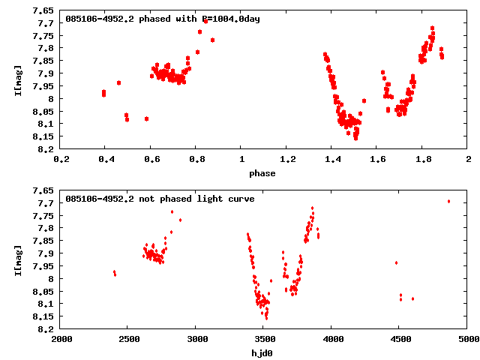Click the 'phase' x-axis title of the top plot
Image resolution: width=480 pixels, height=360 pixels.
point(263,174)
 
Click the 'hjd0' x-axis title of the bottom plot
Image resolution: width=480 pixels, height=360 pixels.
point(263,352)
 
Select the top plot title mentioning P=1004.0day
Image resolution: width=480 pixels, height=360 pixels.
point(163,19)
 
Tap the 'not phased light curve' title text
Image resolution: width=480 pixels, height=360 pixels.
point(160,199)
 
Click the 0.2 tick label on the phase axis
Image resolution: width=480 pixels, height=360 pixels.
point(61,160)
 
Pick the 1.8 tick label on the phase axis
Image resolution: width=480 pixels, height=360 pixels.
point(422,160)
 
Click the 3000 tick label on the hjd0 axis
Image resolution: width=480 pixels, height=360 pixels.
point(196,339)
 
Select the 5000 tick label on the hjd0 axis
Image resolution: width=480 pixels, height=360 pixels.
point(467,339)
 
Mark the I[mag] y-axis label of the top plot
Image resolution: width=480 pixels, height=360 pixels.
point(17,79)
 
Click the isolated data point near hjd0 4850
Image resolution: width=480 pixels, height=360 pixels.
point(448,201)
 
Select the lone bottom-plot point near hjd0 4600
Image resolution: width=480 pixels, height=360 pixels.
point(412,298)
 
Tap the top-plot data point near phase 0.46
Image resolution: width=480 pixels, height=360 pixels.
point(118,82)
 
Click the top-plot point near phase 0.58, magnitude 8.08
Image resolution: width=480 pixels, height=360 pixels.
point(146,118)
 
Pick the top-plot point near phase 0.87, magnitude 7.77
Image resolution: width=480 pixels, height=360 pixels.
point(212,40)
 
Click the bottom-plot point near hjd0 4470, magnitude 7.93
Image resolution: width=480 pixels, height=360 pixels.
point(396,262)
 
